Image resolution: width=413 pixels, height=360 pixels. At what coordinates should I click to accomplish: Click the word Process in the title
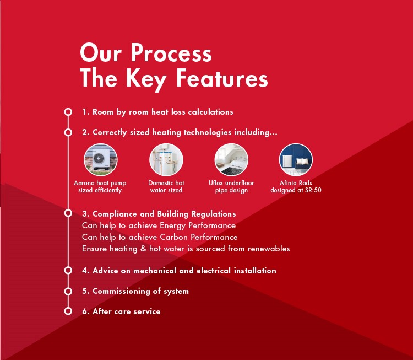171,53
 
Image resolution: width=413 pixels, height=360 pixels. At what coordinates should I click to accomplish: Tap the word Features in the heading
222,78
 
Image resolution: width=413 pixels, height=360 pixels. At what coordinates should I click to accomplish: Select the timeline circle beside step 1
68,112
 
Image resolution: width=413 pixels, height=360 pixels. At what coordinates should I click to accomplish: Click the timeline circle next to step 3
68,213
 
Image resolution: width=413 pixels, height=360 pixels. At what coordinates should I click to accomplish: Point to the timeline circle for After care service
68,311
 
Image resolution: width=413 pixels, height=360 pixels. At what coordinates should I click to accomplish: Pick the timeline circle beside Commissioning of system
68,291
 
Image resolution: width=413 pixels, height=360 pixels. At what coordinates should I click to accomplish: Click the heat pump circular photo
101,159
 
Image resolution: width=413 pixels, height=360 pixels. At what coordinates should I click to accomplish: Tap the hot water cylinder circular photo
166,159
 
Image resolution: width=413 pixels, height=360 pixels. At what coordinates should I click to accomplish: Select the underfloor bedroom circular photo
231,159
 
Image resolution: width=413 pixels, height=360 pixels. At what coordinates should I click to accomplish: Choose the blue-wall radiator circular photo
296,159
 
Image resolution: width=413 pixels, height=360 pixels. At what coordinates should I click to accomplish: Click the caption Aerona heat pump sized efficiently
100,187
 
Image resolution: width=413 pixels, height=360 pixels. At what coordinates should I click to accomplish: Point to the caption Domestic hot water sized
166,187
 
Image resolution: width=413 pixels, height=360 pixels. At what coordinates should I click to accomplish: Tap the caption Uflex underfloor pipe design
231,187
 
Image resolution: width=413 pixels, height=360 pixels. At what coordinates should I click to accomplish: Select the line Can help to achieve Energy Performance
159,226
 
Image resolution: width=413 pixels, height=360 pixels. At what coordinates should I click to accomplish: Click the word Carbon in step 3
174,237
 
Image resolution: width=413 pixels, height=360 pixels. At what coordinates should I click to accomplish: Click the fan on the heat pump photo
99,158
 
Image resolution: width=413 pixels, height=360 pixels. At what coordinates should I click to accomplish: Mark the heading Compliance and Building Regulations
159,214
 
